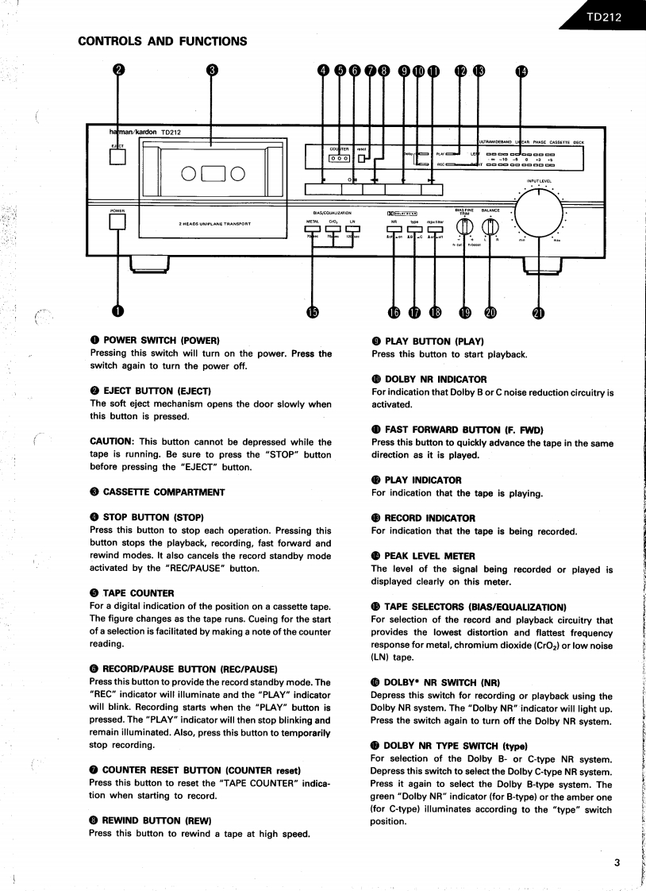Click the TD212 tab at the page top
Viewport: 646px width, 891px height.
[x=604, y=17]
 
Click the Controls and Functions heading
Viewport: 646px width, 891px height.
[x=162, y=41]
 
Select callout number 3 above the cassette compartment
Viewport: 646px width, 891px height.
[x=211, y=70]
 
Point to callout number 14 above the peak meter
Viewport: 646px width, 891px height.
[x=521, y=71]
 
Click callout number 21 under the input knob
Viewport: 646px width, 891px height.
[x=538, y=313]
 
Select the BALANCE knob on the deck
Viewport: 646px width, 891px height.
[x=490, y=226]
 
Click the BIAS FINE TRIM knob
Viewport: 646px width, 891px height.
[x=464, y=226]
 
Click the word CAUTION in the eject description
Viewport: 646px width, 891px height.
[x=113, y=442]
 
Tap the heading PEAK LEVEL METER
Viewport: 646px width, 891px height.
[x=429, y=556]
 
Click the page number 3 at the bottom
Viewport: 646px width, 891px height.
[x=617, y=864]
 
